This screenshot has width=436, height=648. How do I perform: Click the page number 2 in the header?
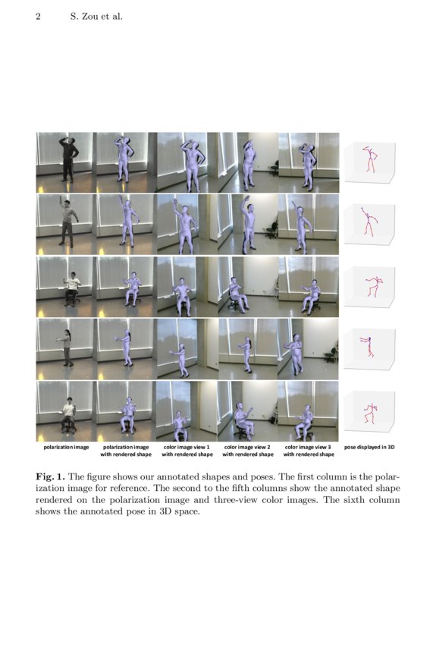[x=37, y=16]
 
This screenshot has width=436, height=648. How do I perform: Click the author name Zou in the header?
[x=87, y=16]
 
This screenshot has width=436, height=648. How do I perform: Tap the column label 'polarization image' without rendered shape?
[x=66, y=447]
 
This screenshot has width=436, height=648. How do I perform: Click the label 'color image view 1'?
[x=186, y=447]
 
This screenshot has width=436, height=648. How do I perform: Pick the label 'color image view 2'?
[x=247, y=447]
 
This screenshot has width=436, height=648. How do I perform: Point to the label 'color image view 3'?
[x=308, y=447]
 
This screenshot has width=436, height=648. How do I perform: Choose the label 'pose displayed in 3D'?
[x=369, y=447]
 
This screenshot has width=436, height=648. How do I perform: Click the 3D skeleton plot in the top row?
[x=370, y=160]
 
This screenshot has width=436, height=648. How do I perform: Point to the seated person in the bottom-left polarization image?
[x=69, y=414]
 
